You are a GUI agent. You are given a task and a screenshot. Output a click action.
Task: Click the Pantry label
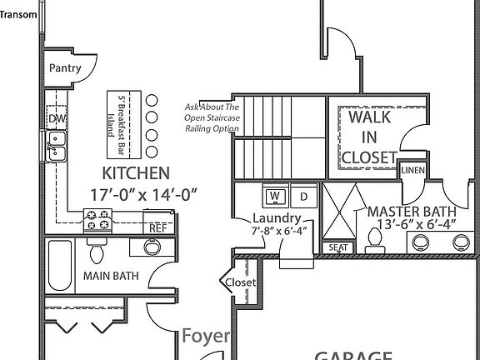pyautogui.click(x=65, y=68)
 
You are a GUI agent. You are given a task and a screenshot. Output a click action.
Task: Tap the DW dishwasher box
pyautogui.click(x=57, y=119)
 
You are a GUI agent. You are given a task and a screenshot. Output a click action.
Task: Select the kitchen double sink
pyautogui.click(x=57, y=151)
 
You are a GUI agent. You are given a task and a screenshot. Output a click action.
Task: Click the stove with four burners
pyautogui.click(x=98, y=221)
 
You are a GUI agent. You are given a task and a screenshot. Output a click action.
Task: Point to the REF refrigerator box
pyautogui.click(x=156, y=227)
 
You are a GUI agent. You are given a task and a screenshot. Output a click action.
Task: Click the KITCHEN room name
pyautogui.click(x=136, y=174)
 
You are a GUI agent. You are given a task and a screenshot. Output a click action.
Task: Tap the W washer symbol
pyautogui.click(x=275, y=197)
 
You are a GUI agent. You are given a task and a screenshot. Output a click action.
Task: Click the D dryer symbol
pyautogui.click(x=304, y=197)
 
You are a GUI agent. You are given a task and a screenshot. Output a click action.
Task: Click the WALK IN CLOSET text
pyautogui.click(x=369, y=137)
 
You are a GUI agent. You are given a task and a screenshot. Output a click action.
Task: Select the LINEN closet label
pyautogui.click(x=412, y=170)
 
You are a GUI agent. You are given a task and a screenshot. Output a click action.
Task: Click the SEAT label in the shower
pyautogui.click(x=337, y=247)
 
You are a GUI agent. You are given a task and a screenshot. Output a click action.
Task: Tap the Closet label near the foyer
pyautogui.click(x=241, y=282)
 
